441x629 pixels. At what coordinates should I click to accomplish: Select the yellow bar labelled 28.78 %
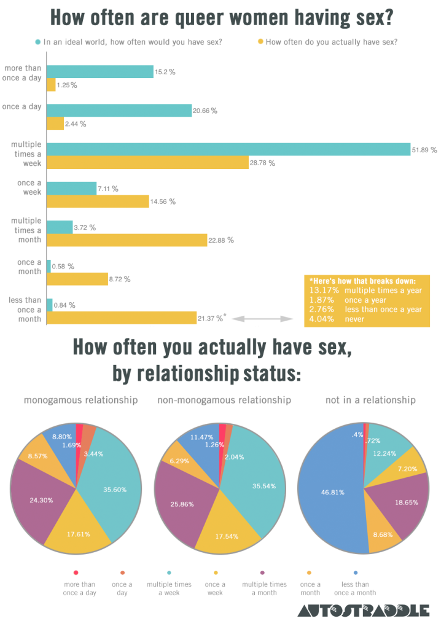(x=147, y=163)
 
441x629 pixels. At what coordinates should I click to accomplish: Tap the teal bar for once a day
(x=119, y=111)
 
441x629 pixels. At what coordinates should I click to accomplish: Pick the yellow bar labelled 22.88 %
(x=127, y=240)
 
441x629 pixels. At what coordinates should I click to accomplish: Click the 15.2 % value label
(x=165, y=72)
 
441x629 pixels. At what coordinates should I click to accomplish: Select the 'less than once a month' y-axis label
(x=25, y=310)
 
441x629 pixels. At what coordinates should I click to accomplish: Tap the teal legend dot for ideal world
(x=38, y=42)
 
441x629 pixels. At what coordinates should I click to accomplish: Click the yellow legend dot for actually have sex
(x=260, y=42)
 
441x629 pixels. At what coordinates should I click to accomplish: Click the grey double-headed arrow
(x=265, y=319)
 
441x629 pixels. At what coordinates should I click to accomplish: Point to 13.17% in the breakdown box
(x=321, y=291)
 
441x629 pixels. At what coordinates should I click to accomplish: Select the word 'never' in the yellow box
(x=354, y=319)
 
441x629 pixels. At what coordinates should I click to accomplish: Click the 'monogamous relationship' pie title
(x=80, y=400)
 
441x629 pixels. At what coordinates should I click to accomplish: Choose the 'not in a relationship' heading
(x=370, y=400)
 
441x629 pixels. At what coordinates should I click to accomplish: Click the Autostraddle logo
(x=363, y=611)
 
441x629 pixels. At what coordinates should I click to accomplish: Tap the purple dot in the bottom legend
(x=264, y=572)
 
